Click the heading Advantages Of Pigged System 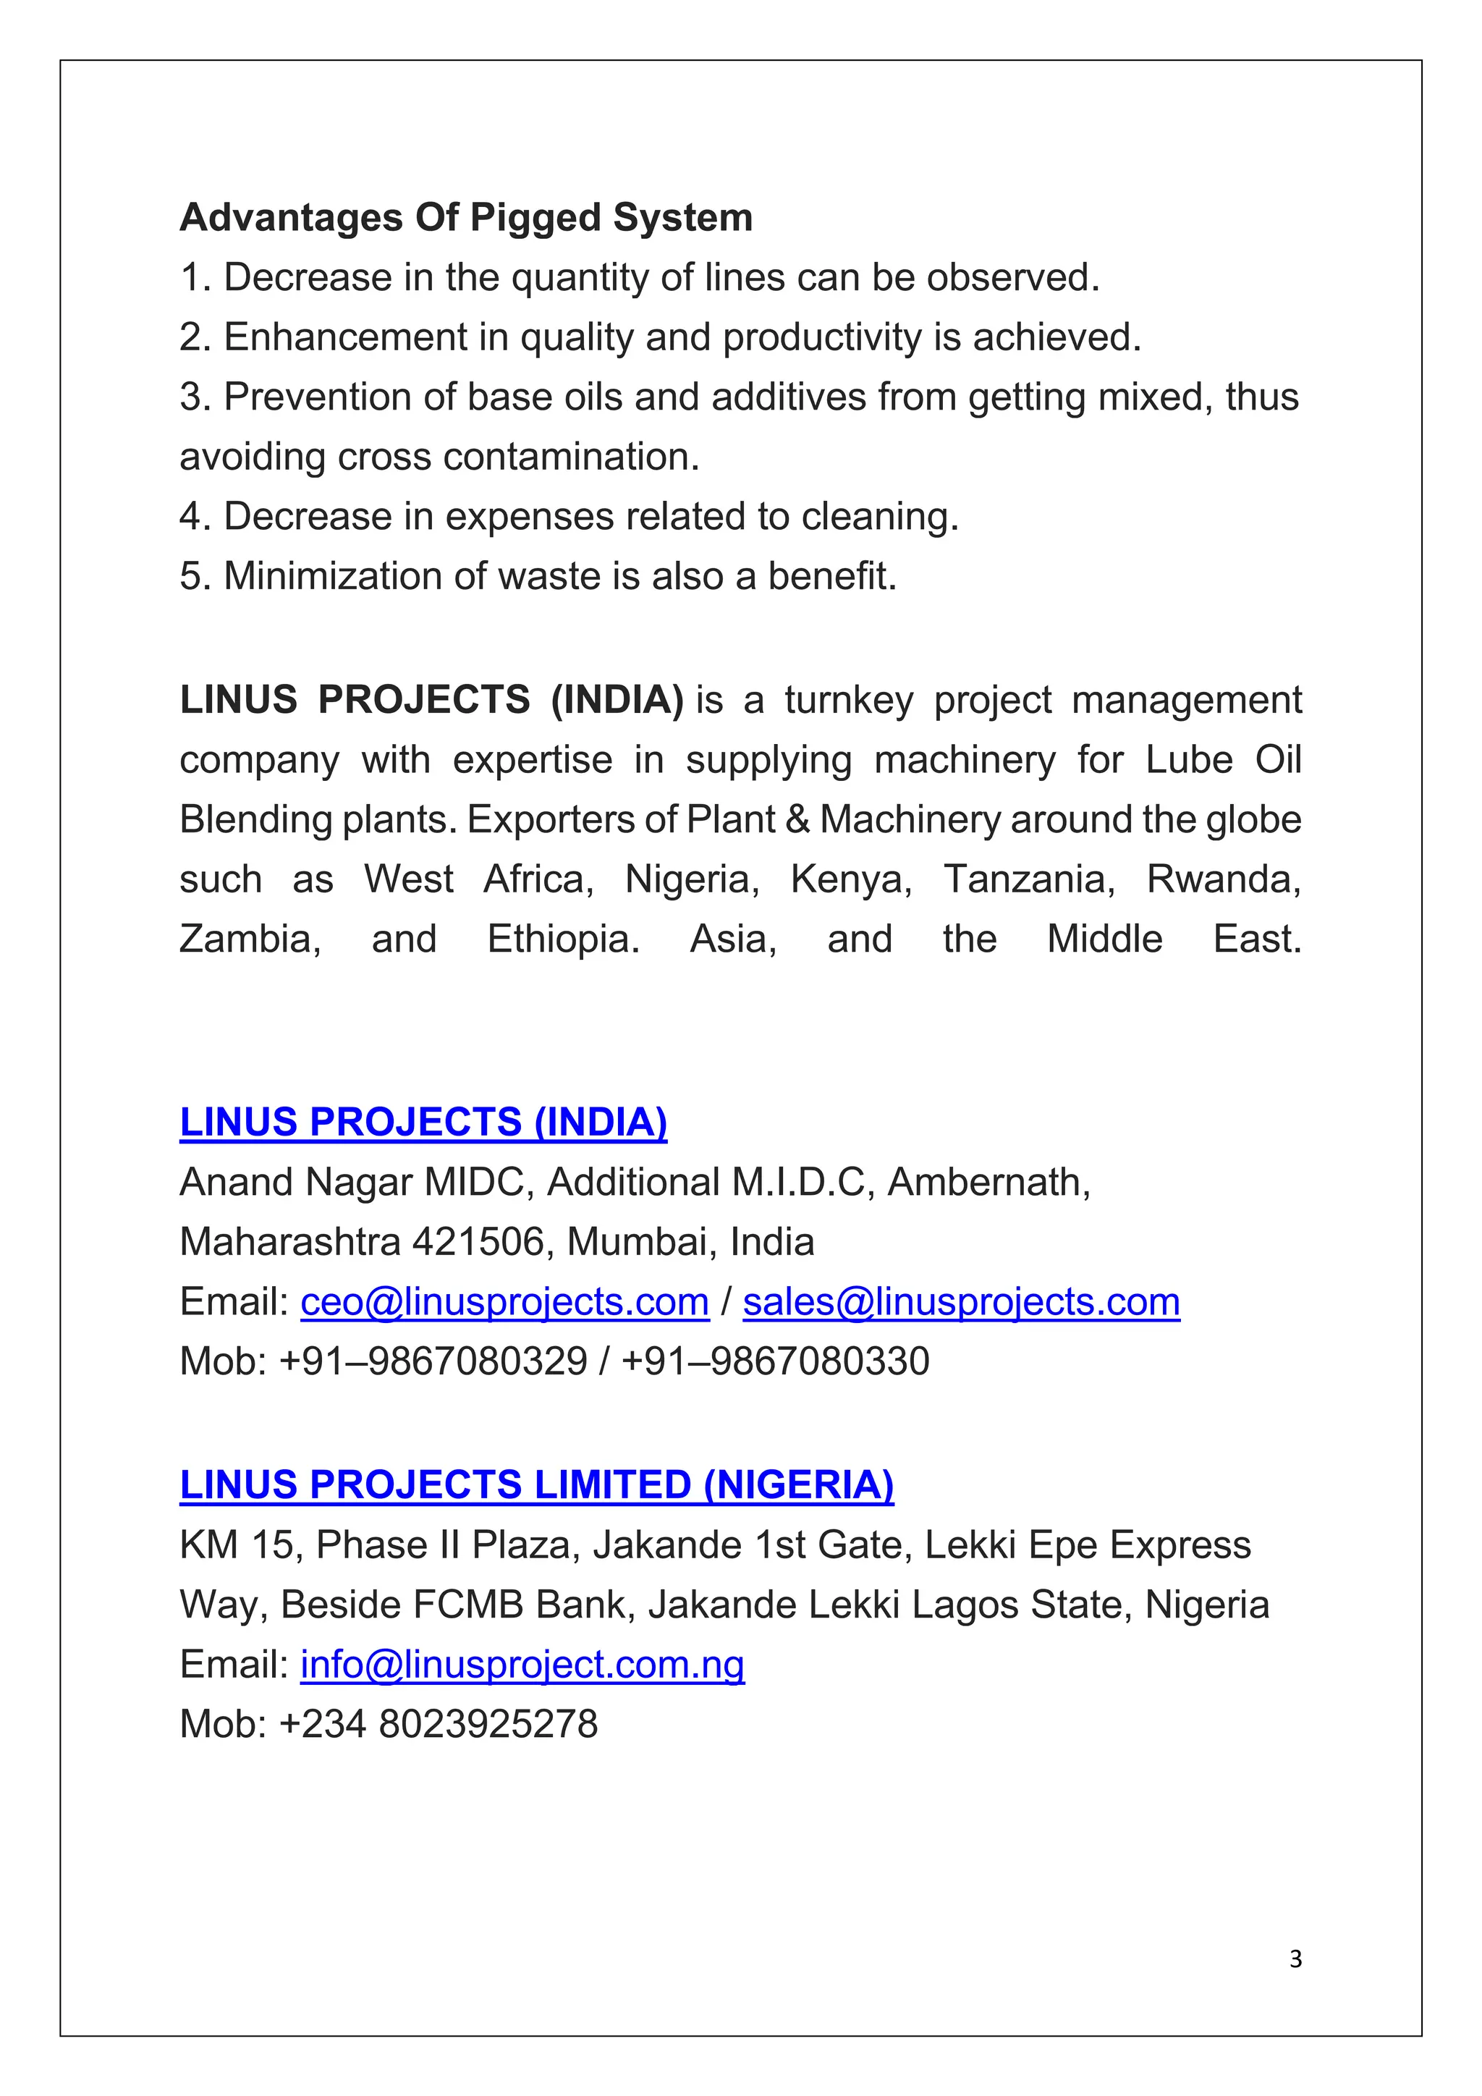tap(465, 218)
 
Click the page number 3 tap(1295, 1958)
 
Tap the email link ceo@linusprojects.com tap(504, 1302)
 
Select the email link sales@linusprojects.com tap(961, 1302)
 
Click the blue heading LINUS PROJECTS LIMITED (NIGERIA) tap(537, 1485)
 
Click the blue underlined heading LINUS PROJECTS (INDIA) tap(423, 1122)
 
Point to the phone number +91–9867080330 tap(775, 1361)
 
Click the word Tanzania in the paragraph tap(1028, 879)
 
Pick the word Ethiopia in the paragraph tap(563, 939)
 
